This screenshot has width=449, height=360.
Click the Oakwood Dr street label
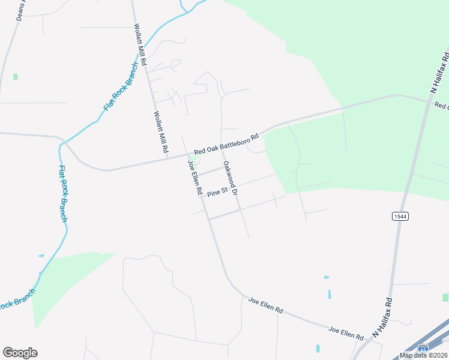[231, 178]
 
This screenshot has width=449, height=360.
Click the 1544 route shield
[401, 216]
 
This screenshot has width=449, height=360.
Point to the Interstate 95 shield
[423, 348]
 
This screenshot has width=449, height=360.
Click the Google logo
[20, 353]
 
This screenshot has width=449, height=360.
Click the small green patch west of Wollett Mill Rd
[15, 77]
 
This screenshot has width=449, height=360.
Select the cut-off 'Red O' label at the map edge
[441, 106]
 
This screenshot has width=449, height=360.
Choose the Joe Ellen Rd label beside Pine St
[194, 178]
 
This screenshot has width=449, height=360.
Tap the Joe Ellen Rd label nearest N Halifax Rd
[346, 332]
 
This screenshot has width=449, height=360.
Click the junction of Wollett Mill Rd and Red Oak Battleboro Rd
[166, 157]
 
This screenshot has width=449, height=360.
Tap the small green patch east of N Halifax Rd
[445, 298]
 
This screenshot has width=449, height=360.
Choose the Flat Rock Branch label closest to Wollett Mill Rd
[121, 88]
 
